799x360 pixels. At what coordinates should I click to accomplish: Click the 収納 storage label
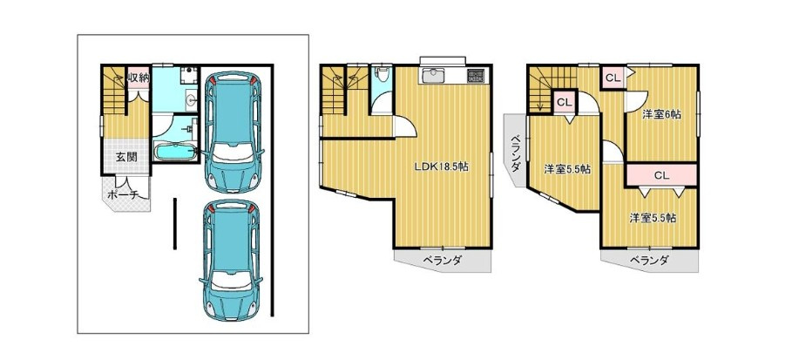point(138,78)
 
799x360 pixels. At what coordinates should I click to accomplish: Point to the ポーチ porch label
point(123,196)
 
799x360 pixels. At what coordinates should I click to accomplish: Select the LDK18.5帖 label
point(441,166)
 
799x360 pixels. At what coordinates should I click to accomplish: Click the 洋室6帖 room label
point(661,114)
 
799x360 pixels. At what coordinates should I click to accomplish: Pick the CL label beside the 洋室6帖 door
point(612,77)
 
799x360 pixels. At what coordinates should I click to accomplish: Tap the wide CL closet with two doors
point(661,175)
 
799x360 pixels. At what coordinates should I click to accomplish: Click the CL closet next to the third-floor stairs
point(564,103)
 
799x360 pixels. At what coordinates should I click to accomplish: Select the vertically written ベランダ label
point(516,153)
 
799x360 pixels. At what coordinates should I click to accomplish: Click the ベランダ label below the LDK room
point(442,261)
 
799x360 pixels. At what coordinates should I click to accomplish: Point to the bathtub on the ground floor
point(175,153)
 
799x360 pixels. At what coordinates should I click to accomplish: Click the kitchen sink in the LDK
point(433,76)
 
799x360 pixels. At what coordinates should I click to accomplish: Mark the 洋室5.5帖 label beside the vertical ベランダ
point(567,169)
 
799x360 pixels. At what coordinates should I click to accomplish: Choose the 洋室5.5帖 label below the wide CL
point(653,218)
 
